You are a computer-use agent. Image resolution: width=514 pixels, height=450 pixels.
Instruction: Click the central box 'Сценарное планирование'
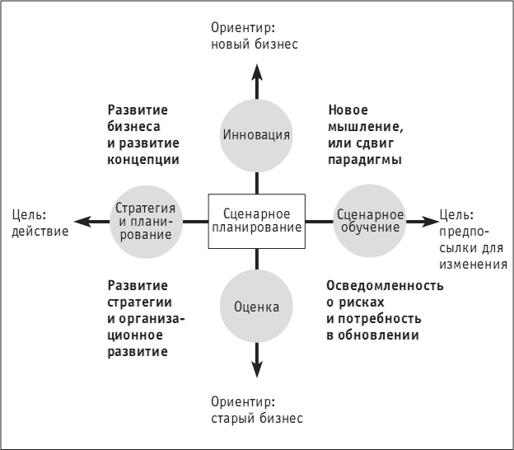point(257,221)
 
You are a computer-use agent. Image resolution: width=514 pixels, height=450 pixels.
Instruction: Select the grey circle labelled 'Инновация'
point(256,135)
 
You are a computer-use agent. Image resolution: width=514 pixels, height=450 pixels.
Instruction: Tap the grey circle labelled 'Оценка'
point(256,307)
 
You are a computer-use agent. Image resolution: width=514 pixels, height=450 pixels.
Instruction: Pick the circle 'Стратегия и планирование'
point(146,222)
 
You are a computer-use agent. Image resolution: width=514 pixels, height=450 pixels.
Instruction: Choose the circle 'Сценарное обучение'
point(370,221)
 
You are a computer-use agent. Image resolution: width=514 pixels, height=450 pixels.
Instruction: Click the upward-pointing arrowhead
point(257,73)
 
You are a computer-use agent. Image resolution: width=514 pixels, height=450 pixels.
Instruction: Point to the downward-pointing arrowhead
point(257,369)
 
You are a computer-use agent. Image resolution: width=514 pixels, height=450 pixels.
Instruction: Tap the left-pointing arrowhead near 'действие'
point(82,222)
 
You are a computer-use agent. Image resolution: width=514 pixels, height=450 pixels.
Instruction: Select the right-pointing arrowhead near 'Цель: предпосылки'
point(431,222)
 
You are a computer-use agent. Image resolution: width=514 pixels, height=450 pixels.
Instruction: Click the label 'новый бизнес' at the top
point(255,45)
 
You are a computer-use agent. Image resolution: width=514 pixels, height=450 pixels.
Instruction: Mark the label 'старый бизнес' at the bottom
point(257,419)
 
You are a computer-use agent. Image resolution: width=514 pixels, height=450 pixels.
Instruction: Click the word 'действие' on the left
point(40,232)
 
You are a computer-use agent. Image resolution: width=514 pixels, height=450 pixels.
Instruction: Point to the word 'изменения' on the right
point(473,265)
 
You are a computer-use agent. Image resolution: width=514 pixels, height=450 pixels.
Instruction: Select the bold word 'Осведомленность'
point(385,286)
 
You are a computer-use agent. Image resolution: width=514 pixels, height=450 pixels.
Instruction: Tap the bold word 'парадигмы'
point(365,160)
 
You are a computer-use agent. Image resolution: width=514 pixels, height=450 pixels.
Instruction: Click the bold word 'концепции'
point(143,160)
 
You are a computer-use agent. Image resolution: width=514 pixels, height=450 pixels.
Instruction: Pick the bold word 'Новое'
point(348,110)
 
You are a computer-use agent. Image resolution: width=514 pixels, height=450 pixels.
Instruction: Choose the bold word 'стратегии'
point(140,302)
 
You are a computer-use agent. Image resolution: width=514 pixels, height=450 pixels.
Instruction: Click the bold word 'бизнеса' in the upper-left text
point(133,127)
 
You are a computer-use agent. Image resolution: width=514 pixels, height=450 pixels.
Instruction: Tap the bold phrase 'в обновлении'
point(372,335)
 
